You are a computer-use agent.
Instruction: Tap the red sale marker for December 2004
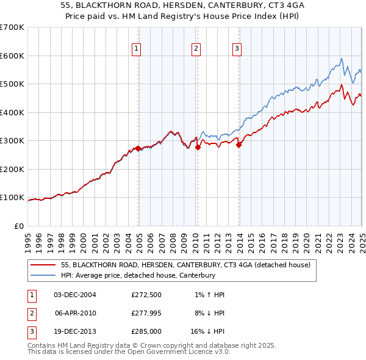click(x=138, y=148)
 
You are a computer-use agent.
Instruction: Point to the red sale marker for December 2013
click(x=239, y=145)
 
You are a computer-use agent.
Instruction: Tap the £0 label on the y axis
click(x=18, y=226)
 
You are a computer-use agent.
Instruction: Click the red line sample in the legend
click(x=43, y=265)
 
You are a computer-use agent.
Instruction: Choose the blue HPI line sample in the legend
click(x=43, y=276)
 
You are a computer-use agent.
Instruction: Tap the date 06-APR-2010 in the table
click(x=75, y=314)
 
